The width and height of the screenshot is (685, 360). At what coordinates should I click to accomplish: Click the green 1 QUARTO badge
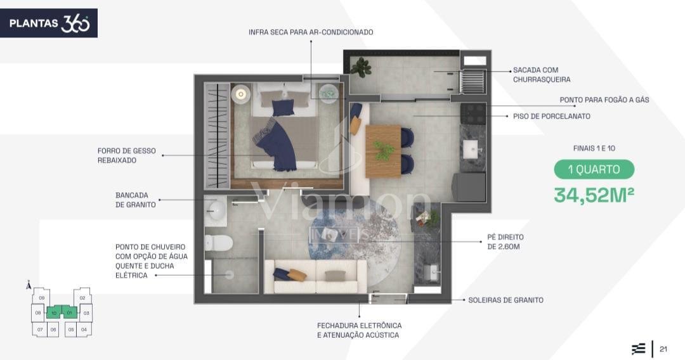[x=594, y=169]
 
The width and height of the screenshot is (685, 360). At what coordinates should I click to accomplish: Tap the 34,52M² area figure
[x=594, y=195]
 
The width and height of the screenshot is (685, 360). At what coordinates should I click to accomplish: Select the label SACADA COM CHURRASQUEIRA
[x=542, y=75]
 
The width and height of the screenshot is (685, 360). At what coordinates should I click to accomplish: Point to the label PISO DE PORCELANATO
[x=552, y=117]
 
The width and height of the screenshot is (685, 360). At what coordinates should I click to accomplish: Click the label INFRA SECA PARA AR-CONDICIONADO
[x=311, y=32]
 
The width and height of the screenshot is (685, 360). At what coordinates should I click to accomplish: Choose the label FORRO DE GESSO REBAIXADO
[x=127, y=155]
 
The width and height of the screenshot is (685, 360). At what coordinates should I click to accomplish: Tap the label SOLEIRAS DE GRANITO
[x=506, y=300]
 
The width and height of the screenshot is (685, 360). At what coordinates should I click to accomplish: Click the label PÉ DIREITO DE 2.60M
[x=506, y=241]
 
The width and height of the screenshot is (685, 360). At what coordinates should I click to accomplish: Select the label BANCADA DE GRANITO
[x=136, y=200]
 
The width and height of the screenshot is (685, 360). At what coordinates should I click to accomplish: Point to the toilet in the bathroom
[x=219, y=243]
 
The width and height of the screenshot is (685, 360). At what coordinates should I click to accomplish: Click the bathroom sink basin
[x=216, y=211]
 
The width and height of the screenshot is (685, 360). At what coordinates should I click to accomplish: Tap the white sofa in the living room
[x=316, y=276]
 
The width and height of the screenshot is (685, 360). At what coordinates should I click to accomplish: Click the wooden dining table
[x=383, y=151]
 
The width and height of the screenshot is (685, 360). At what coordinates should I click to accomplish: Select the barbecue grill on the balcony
[x=473, y=80]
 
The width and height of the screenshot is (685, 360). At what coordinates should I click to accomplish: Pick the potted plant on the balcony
[x=361, y=68]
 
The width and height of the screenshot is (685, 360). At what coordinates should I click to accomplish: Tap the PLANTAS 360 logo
[x=49, y=23]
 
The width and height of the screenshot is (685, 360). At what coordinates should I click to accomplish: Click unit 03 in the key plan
[x=86, y=313]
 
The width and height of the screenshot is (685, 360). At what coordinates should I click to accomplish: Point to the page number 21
[x=663, y=349]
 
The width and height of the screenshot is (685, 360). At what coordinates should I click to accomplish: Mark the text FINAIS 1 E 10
[x=594, y=148]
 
